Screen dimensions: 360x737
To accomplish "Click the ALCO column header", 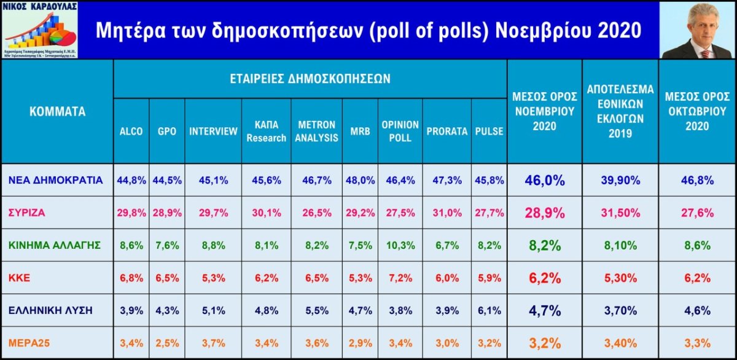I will (131, 131).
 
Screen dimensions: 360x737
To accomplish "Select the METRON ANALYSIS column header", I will (316, 131).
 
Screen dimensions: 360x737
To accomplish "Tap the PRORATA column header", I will (446, 131).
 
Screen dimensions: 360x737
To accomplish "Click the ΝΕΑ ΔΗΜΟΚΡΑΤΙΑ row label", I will (56, 180).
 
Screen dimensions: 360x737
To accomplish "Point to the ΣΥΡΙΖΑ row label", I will (27, 213).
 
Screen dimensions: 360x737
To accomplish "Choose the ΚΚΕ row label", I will (19, 278).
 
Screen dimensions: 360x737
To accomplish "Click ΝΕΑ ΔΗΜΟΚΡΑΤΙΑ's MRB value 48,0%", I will (360, 180).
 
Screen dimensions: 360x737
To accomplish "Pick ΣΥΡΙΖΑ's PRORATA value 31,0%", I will (446, 213).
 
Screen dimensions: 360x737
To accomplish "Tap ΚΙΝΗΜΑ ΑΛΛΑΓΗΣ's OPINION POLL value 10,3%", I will (400, 245).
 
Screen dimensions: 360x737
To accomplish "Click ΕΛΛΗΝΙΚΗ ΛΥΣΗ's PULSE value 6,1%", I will (489, 310).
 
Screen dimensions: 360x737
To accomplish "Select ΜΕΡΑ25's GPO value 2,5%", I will (167, 343).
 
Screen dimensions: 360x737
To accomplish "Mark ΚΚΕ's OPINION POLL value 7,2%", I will (400, 278).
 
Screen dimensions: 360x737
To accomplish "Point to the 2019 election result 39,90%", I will (620, 180).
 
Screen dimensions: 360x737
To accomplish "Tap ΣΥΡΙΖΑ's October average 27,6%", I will (697, 213).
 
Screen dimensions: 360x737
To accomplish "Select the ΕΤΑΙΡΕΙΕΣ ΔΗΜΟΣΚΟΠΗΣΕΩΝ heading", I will (310, 79).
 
